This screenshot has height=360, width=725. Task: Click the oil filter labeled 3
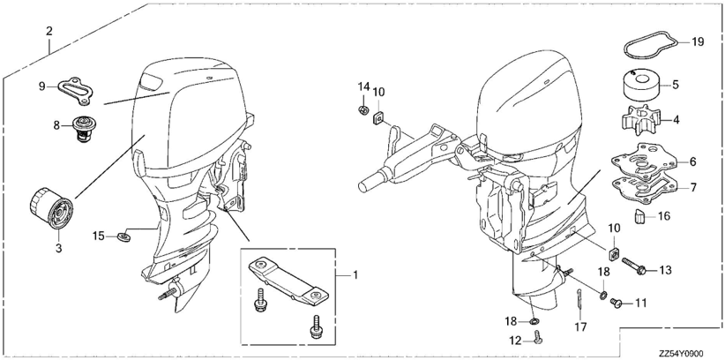click(x=51, y=208)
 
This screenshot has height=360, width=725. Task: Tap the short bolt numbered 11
click(x=616, y=303)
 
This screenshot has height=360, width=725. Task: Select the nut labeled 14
click(x=363, y=110)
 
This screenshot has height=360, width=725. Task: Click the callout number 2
click(x=49, y=32)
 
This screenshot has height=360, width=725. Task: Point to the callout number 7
click(x=693, y=188)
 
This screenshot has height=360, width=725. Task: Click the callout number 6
click(x=693, y=161)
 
